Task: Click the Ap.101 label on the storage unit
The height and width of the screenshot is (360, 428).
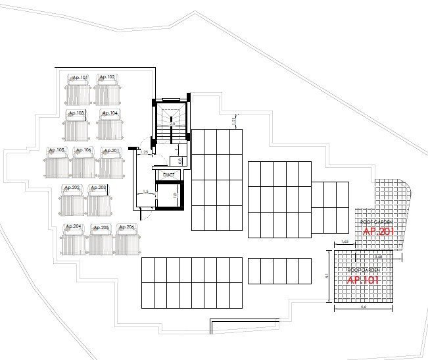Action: [x=80, y=78]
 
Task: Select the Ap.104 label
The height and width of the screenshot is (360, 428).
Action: [x=110, y=113]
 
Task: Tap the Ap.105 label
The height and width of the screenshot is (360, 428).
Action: [x=57, y=150]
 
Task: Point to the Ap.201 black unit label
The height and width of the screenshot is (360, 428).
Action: [x=111, y=150]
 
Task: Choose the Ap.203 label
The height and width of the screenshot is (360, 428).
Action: [x=98, y=188]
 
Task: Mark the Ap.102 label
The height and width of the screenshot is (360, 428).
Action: [x=107, y=78]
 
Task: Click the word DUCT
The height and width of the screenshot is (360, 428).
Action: [x=169, y=175]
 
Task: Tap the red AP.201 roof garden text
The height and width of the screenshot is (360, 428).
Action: [x=377, y=232]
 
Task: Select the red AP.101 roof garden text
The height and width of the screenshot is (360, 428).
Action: [x=361, y=279]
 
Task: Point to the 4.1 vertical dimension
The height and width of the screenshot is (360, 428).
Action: [x=327, y=276]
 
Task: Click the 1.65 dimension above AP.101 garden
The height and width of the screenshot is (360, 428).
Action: [x=345, y=243]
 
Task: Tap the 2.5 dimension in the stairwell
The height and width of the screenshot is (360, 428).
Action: [x=172, y=122]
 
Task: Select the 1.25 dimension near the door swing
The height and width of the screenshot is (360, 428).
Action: [x=144, y=153]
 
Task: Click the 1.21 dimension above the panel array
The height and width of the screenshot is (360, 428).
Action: [x=233, y=121]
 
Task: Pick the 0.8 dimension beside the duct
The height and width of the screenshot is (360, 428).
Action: [x=179, y=160]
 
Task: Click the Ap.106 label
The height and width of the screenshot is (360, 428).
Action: [x=83, y=150]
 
